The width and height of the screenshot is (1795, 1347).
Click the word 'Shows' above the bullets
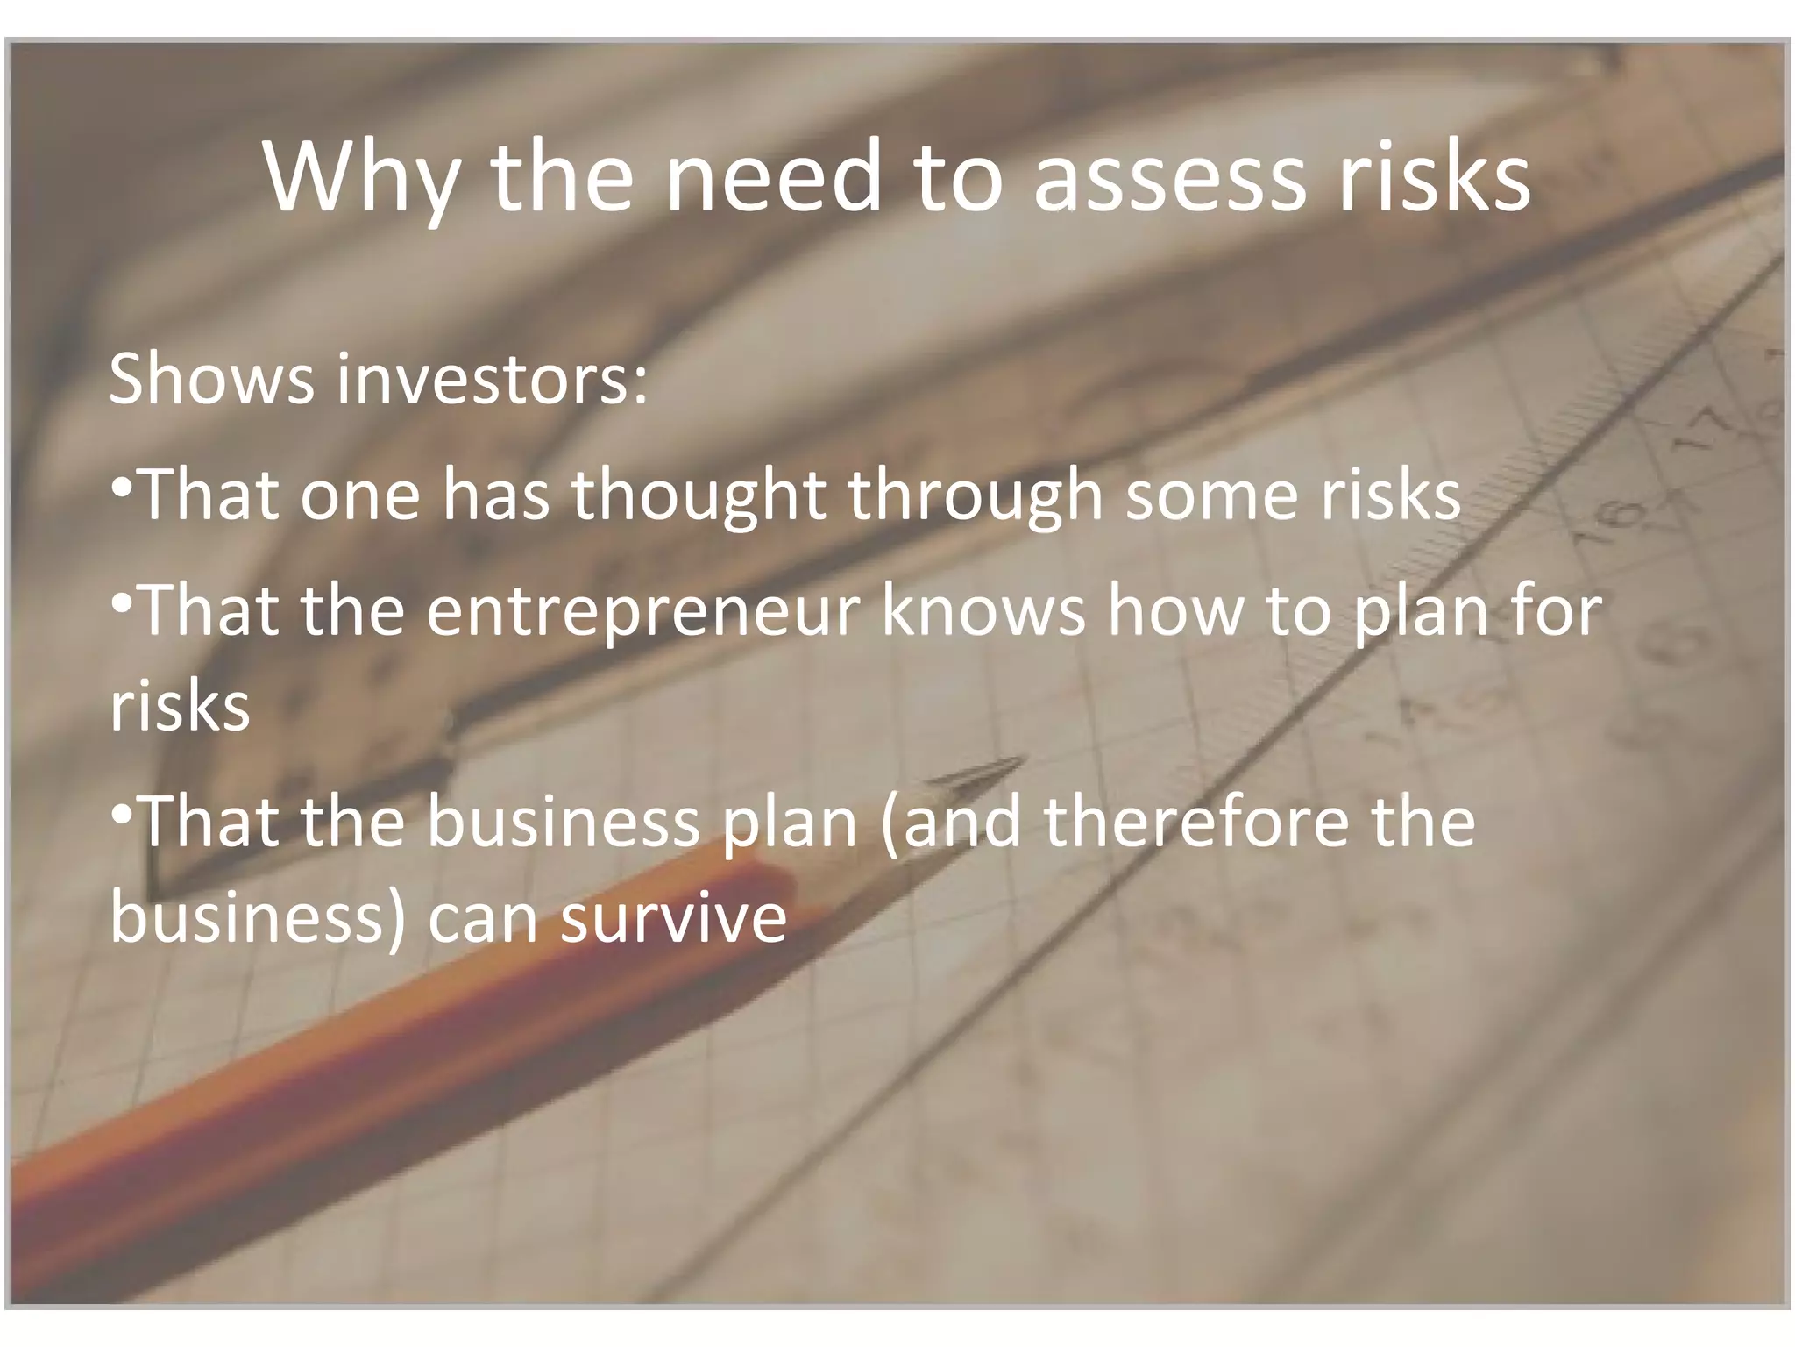[211, 379]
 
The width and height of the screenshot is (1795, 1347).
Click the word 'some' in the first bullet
[1209, 495]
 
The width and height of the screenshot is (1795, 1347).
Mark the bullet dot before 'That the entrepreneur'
[122, 602]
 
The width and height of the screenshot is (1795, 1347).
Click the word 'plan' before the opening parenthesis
[789, 822]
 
